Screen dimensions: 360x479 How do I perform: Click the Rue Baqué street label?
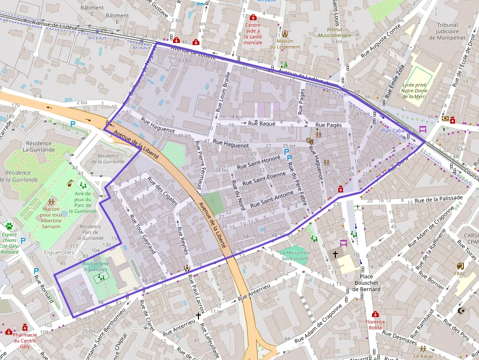click(262, 124)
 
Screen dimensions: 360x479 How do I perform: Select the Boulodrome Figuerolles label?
click(95, 267)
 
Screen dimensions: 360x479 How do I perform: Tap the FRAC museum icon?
click(460, 266)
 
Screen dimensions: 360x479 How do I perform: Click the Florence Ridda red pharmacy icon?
click(375, 315)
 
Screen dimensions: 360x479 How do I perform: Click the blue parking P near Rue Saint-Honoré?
click(289, 158)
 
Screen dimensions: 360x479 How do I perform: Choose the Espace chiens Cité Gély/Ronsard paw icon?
click(9, 226)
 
